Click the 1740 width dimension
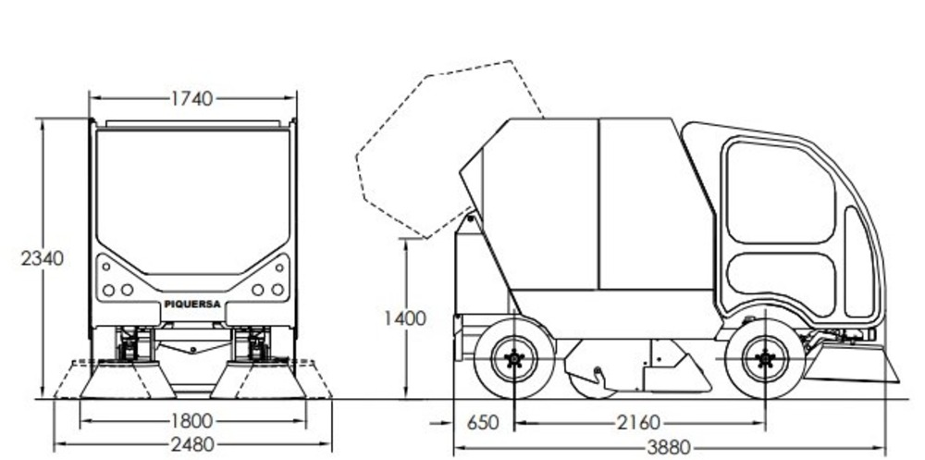(x=192, y=99)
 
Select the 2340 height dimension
(x=43, y=258)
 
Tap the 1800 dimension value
(x=192, y=421)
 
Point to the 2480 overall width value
(x=192, y=444)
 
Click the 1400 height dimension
(x=405, y=318)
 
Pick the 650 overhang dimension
(x=483, y=423)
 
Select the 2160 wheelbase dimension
(x=639, y=423)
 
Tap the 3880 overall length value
(x=669, y=448)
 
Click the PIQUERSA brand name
(x=192, y=305)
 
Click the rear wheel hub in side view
(x=514, y=358)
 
